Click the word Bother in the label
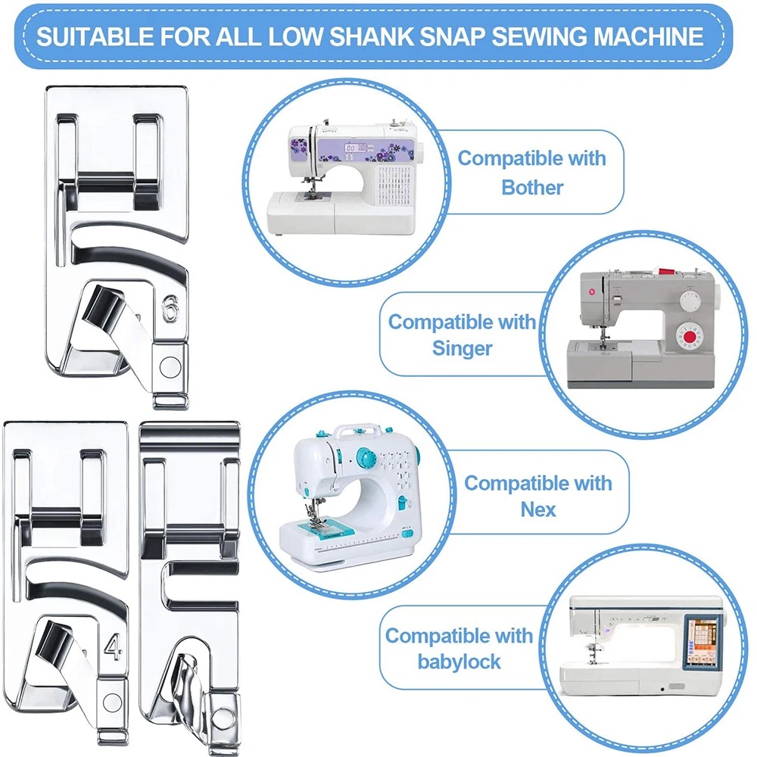(532, 187)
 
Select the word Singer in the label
(462, 348)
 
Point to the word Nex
(537, 509)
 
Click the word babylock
(459, 662)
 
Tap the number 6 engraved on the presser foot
(170, 309)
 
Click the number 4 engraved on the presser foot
(113, 647)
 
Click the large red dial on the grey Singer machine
(690, 336)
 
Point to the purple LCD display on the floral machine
(356, 148)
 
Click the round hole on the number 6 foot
(170, 367)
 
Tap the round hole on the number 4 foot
(113, 702)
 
